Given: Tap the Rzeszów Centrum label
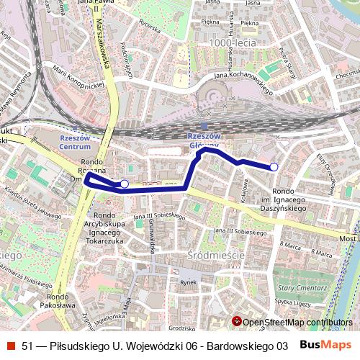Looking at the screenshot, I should (74, 142).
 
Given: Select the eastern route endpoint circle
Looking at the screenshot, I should (274, 167).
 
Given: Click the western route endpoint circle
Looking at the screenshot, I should (124, 184).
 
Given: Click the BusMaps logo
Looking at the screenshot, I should (325, 345).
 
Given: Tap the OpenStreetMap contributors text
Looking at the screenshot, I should (297, 322).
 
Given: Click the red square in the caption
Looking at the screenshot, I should (9, 346).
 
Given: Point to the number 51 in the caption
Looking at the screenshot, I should (27, 346).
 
